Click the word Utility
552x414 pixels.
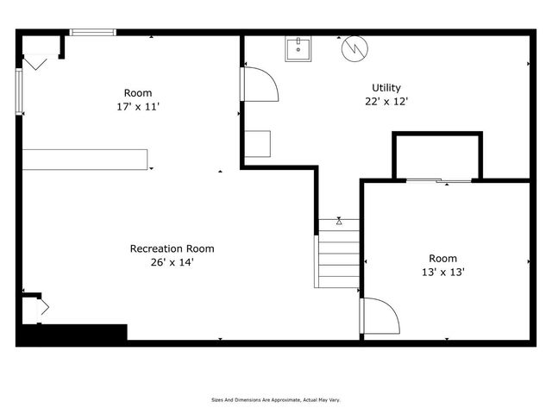click(386, 88)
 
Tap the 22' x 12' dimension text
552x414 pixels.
click(386, 101)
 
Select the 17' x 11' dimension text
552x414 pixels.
click(138, 107)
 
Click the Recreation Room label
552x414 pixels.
click(172, 248)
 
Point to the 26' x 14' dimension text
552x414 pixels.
click(172, 262)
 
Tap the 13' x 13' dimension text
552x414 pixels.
click(442, 272)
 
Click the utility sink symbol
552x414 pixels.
click(298, 49)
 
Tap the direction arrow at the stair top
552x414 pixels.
click(339, 222)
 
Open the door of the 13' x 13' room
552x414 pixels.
click(379, 316)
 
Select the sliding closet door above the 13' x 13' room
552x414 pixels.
click(438, 180)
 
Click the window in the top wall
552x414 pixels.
click(93, 33)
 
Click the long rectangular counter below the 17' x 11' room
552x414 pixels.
click(85, 158)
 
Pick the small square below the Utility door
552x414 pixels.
click(257, 144)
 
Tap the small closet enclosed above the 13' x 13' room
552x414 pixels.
click(437, 156)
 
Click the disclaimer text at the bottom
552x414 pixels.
click(277, 399)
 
